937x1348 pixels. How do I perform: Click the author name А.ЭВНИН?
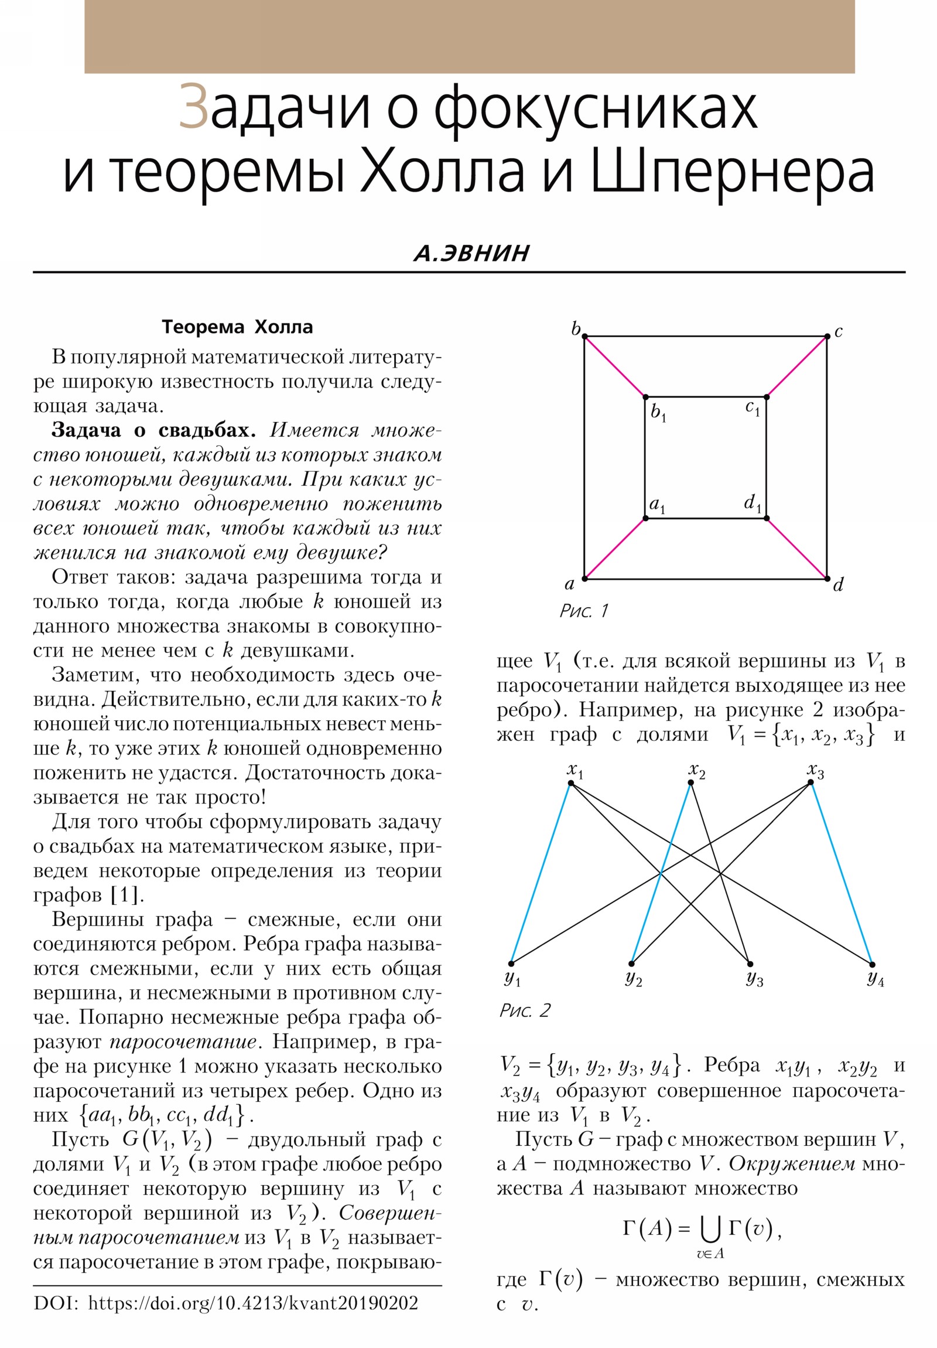pyautogui.click(x=471, y=253)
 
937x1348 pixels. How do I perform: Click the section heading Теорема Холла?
pyautogui.click(x=237, y=327)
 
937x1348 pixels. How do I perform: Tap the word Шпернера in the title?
pyautogui.click(x=731, y=171)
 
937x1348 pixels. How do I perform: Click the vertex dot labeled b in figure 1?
pyautogui.click(x=584, y=336)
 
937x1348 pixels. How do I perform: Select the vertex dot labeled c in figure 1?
pyautogui.click(x=827, y=336)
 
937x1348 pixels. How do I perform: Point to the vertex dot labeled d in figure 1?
pyautogui.click(x=827, y=579)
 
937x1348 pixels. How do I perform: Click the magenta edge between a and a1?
pyautogui.click(x=615, y=549)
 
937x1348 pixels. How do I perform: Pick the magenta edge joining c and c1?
pyautogui.click(x=797, y=366)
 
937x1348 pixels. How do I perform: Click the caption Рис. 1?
pyautogui.click(x=584, y=611)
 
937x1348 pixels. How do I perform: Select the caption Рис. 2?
pyautogui.click(x=525, y=1010)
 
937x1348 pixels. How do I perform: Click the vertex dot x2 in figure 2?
pyautogui.click(x=690, y=783)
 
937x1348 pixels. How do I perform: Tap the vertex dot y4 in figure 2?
pyautogui.click(x=872, y=964)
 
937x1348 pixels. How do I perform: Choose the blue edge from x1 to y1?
pyautogui.click(x=541, y=874)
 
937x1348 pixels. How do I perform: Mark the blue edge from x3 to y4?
pyautogui.click(x=842, y=874)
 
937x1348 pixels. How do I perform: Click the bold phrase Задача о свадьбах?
pyautogui.click(x=153, y=430)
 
